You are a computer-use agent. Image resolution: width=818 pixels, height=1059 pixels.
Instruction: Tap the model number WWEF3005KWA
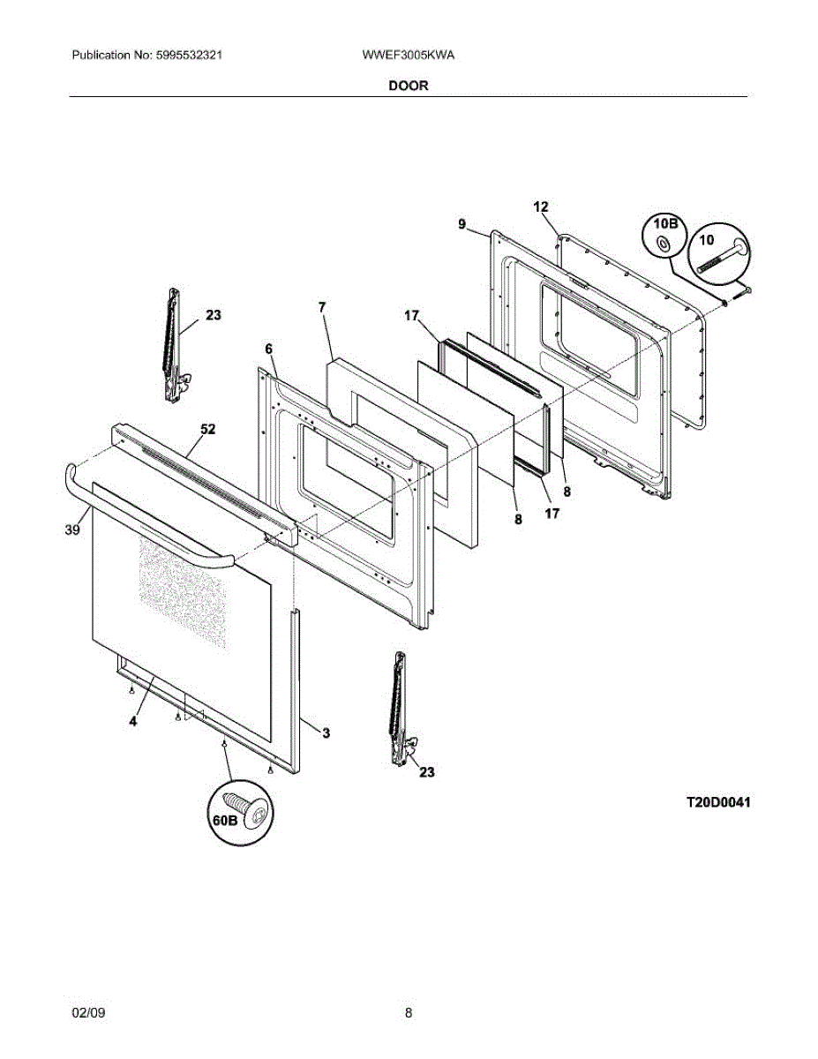tap(408, 55)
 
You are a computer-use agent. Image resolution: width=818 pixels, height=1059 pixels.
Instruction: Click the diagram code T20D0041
tap(718, 803)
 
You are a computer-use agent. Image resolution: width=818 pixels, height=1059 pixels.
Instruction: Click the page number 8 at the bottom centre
tap(409, 1013)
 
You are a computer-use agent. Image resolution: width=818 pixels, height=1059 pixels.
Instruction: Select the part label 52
tap(207, 430)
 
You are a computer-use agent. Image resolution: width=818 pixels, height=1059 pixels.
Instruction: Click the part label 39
tap(72, 529)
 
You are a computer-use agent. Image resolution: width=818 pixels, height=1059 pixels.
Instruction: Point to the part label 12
tap(541, 207)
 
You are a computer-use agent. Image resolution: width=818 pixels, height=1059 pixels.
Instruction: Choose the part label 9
tap(462, 225)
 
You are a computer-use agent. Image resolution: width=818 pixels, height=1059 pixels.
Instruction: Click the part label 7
tap(322, 306)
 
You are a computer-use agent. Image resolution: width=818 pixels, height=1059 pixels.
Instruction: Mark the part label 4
tap(132, 721)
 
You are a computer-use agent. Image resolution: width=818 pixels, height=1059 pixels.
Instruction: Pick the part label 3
tap(326, 732)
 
